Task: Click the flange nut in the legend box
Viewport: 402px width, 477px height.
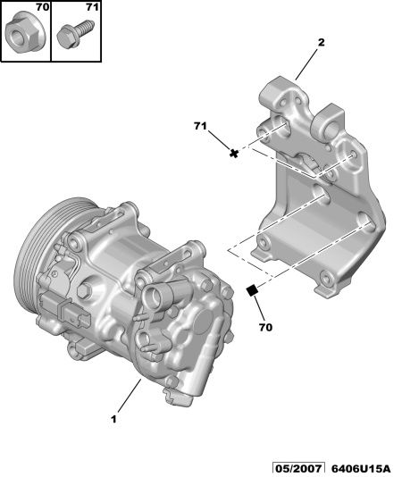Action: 25,33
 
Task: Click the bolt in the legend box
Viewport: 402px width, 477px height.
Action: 75,33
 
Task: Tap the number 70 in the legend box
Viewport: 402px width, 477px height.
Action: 42,7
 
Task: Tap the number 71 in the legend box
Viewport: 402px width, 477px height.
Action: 92,7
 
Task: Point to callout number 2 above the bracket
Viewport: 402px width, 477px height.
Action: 322,43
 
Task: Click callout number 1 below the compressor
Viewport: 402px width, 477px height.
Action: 113,420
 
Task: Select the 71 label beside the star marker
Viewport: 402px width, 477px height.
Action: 200,126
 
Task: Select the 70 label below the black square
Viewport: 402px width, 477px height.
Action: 265,327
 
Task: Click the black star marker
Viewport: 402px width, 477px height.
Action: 234,154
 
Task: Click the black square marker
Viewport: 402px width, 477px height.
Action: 252,290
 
